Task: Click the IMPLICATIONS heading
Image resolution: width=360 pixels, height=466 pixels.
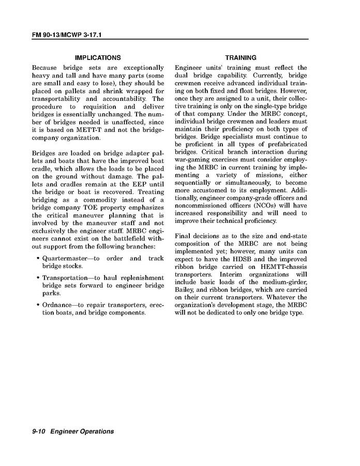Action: pyautogui.click(x=98, y=58)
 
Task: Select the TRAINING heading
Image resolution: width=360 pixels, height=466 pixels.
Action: pyautogui.click(x=241, y=58)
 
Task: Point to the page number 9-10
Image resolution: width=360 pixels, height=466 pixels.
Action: pyautogui.click(x=39, y=431)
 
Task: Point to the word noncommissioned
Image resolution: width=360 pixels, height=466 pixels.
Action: pyautogui.click(x=200, y=205)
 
